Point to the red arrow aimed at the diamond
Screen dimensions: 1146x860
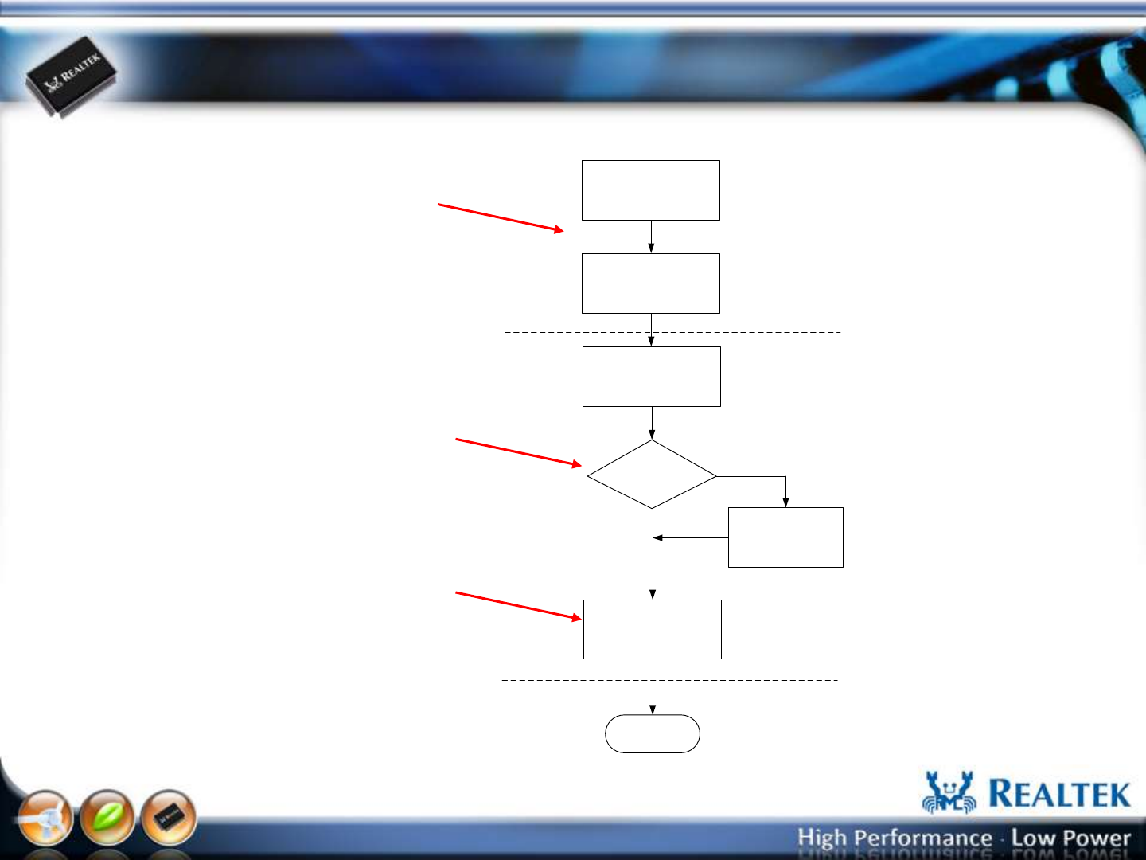tap(518, 452)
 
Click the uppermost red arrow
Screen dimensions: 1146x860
tap(500, 217)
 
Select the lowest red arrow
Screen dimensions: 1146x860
tap(518, 606)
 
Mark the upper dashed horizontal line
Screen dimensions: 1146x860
tap(672, 332)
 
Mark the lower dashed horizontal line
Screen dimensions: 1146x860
tap(670, 680)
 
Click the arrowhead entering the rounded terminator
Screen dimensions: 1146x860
tap(652, 710)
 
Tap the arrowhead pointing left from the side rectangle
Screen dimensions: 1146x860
tap(658, 537)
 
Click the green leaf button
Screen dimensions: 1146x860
tap(107, 817)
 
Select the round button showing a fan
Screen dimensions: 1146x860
tap(45, 818)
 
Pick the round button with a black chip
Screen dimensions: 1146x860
tap(168, 818)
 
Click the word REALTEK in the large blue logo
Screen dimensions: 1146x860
tap(1059, 794)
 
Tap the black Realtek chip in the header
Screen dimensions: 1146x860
tap(72, 76)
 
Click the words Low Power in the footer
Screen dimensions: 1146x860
tap(1071, 838)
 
